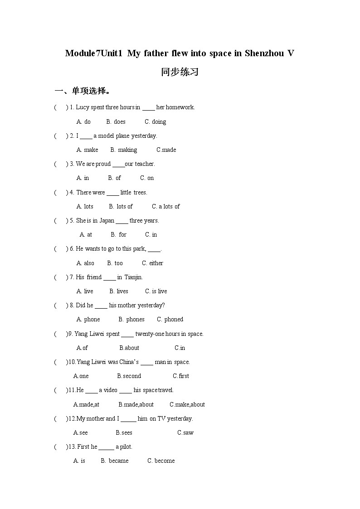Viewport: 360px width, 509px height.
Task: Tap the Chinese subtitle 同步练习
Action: pyautogui.click(x=180, y=72)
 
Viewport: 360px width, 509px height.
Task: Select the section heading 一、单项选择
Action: pyautogui.click(x=82, y=91)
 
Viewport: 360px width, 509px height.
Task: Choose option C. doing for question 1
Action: pyautogui.click(x=156, y=121)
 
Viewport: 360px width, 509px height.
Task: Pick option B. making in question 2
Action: pyautogui.click(x=123, y=150)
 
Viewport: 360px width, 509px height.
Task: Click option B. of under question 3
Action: pyautogui.click(x=115, y=178)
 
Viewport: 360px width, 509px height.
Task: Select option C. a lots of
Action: pyautogui.click(x=166, y=206)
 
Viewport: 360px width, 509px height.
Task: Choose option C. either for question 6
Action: pyautogui.click(x=152, y=263)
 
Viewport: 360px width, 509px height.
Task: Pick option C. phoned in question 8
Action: pyautogui.click(x=170, y=319)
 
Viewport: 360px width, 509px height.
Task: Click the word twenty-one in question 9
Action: pyautogui.click(x=149, y=334)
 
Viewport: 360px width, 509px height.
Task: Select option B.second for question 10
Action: pyautogui.click(x=129, y=376)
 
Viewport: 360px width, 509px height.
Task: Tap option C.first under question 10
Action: pyautogui.click(x=181, y=376)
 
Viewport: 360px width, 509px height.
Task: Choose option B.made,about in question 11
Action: pyautogui.click(x=136, y=404)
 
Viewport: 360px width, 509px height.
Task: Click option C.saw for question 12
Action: pyautogui.click(x=185, y=432)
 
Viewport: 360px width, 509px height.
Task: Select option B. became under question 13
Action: pyautogui.click(x=115, y=461)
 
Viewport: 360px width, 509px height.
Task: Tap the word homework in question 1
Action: pyautogui.click(x=180, y=107)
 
